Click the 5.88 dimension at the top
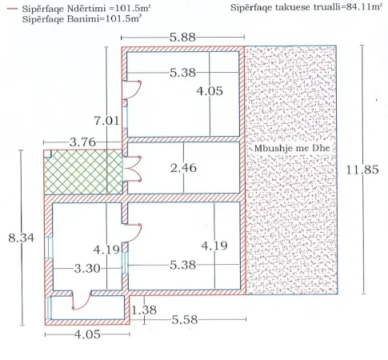tap(182, 38)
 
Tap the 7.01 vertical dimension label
tap(106, 121)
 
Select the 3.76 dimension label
tap(82, 142)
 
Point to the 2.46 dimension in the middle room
tap(183, 168)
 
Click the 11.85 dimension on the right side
tap(362, 170)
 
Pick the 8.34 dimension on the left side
tap(22, 238)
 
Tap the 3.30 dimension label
tap(87, 268)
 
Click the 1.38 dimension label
tap(144, 310)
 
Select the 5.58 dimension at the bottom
tap(185, 319)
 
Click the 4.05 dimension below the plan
tap(87, 334)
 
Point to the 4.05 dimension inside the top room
tap(210, 91)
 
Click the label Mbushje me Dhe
tap(292, 148)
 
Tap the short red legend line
tap(12, 9)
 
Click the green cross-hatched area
tap(83, 172)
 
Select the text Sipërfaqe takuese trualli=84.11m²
tap(306, 7)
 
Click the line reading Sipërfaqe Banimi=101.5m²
tap(82, 19)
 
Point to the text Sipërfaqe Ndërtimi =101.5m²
tap(86, 9)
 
